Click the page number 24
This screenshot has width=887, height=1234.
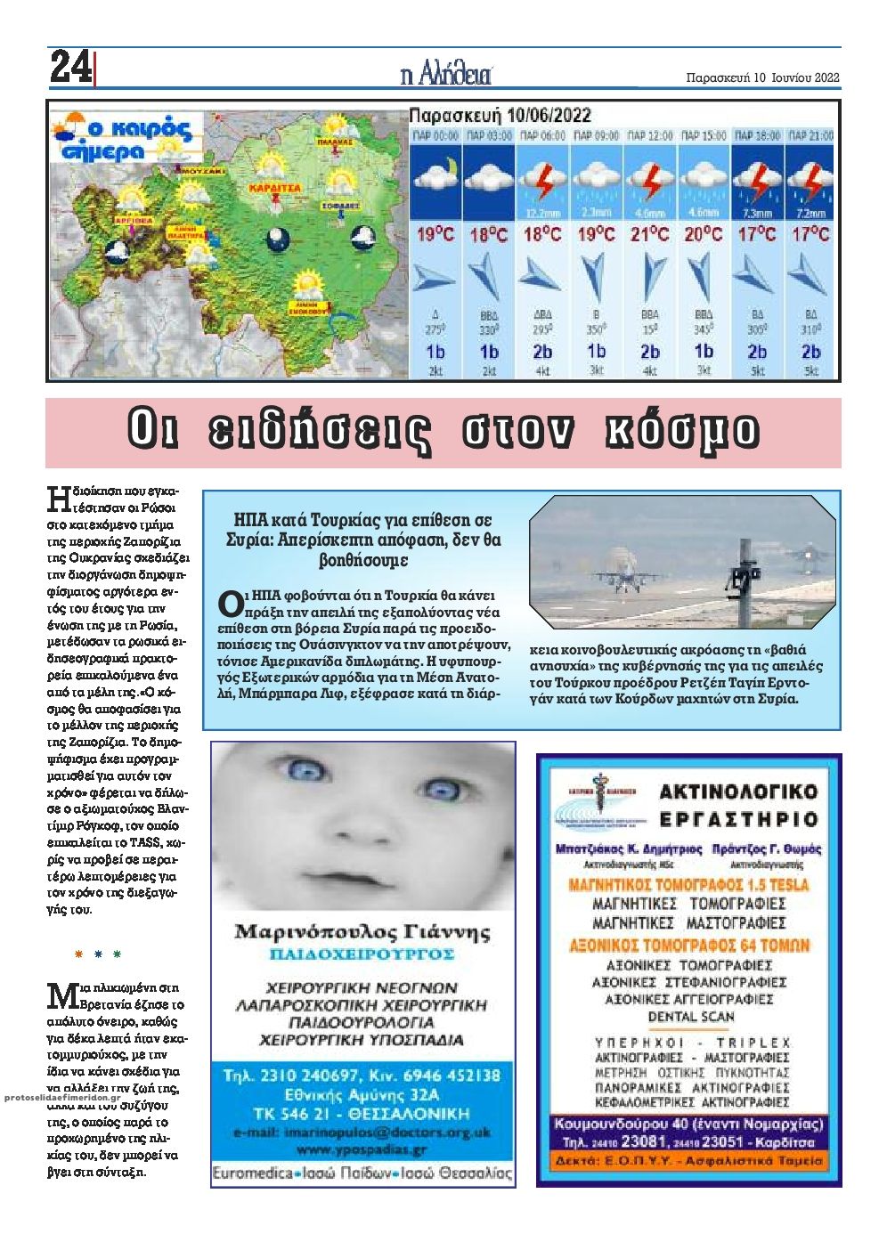click(x=69, y=68)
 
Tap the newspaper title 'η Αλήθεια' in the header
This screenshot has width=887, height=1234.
click(x=446, y=75)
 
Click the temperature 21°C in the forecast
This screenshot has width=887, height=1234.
click(x=649, y=235)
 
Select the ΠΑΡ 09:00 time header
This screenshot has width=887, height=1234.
click(x=596, y=135)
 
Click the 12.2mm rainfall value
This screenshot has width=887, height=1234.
click(x=542, y=213)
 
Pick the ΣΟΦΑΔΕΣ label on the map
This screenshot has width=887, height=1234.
click(x=347, y=204)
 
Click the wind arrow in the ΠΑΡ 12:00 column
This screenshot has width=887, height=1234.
click(x=651, y=278)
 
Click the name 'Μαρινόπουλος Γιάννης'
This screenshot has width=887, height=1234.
click(x=362, y=932)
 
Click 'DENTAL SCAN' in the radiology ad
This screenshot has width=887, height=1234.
click(x=691, y=1017)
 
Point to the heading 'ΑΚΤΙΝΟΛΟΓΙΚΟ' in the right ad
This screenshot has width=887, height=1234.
click(x=738, y=791)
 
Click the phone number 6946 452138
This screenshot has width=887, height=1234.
click(x=443, y=1075)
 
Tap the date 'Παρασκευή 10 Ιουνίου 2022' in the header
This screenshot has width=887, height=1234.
click(x=764, y=77)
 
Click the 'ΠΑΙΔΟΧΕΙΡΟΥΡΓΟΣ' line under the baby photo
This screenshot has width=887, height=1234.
click(x=362, y=954)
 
